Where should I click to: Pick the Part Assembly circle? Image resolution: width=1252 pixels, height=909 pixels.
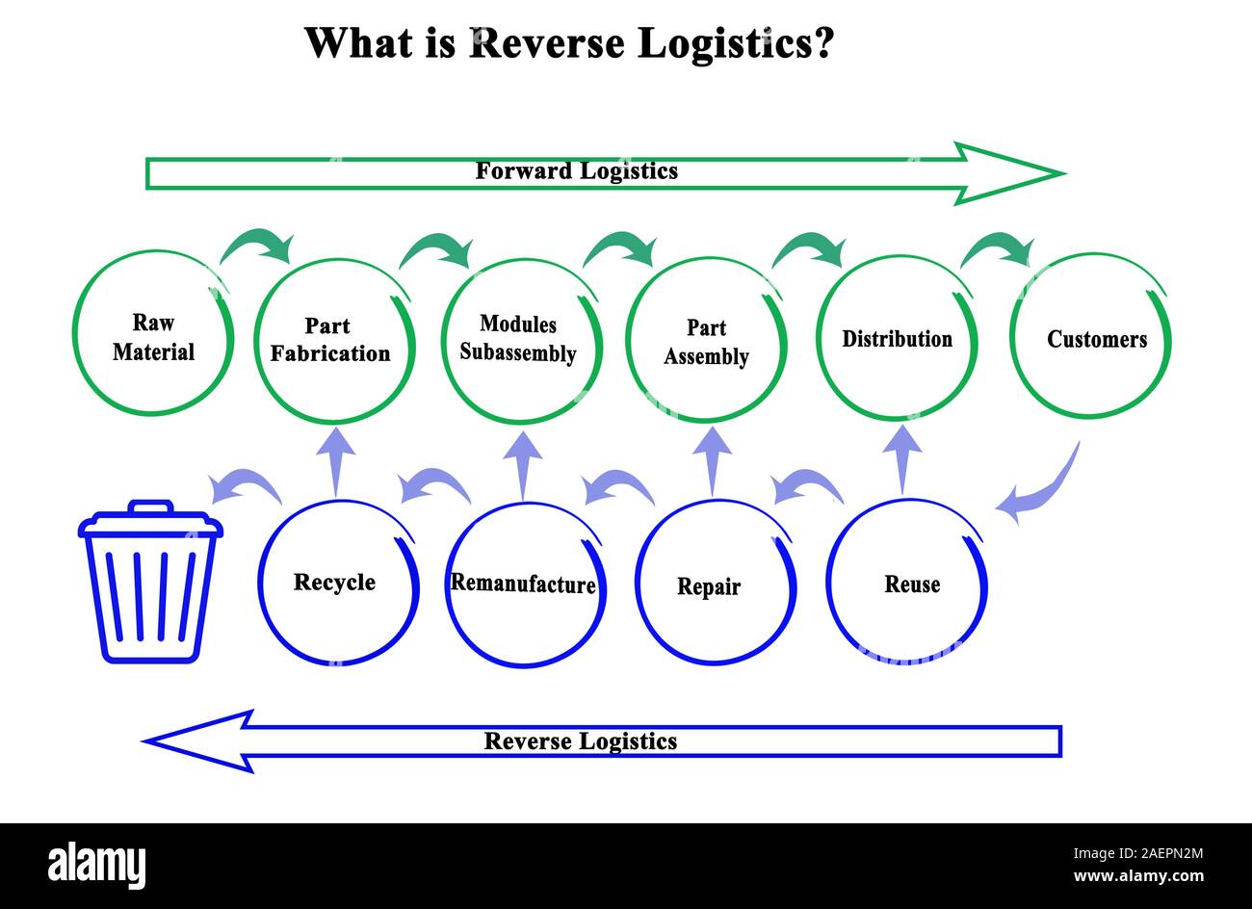(706, 341)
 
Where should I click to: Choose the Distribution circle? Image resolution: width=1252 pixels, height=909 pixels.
(896, 339)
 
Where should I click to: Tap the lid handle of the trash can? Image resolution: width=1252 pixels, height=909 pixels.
(150, 506)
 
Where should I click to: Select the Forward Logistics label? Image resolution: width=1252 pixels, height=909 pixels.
(576, 171)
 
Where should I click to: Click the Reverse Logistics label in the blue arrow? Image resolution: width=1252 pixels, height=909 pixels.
(580, 741)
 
